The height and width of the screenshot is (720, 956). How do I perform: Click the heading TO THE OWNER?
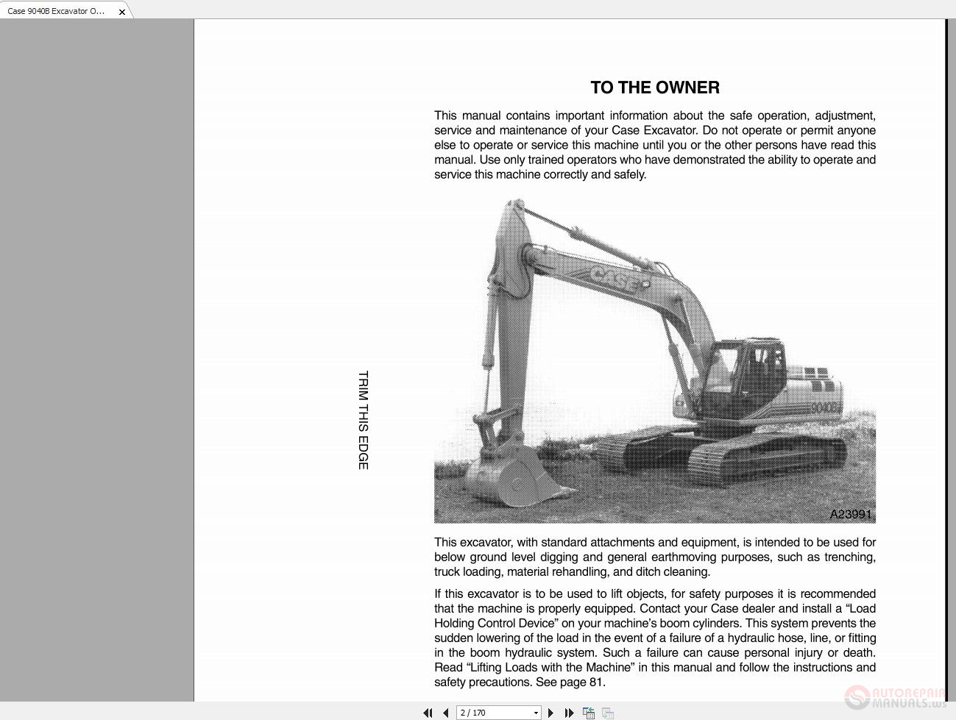point(654,88)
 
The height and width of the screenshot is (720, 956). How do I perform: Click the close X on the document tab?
point(122,12)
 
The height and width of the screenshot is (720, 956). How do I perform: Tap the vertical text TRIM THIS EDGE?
point(363,420)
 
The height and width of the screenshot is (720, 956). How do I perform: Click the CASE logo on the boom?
point(619,279)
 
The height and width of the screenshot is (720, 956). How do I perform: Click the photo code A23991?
point(850,514)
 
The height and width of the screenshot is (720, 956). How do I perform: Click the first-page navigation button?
point(428,713)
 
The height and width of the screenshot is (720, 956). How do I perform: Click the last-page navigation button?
point(569,713)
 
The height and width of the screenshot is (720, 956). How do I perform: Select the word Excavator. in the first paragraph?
point(670,130)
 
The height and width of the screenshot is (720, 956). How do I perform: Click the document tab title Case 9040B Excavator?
point(56,11)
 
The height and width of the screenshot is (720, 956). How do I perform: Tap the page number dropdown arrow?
point(535,713)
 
